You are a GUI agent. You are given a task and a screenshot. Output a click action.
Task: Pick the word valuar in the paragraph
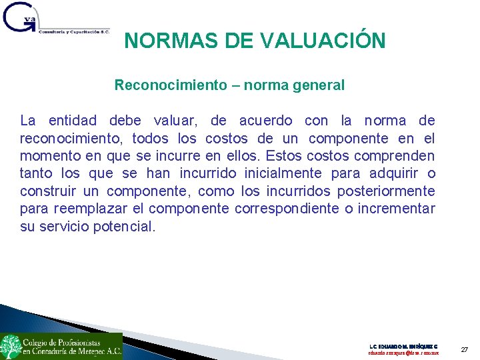click(x=175, y=121)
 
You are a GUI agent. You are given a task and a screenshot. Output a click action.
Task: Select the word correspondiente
click(x=288, y=209)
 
